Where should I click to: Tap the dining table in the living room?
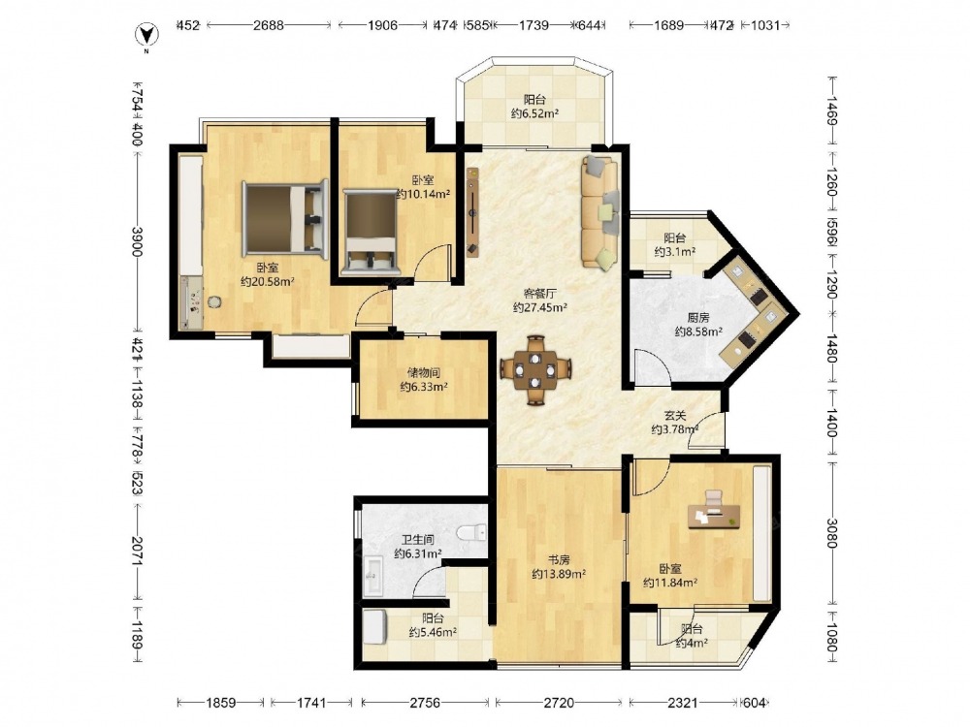pyautogui.click(x=535, y=369)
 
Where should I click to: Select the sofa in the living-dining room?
pyautogui.click(x=599, y=212)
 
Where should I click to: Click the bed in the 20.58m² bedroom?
pyautogui.click(x=284, y=218)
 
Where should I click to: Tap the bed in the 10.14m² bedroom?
pyautogui.click(x=370, y=232)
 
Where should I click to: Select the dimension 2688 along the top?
pyautogui.click(x=269, y=25)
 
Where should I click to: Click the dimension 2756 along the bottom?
pyautogui.click(x=425, y=702)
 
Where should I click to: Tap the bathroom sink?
pyautogui.click(x=374, y=576)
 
